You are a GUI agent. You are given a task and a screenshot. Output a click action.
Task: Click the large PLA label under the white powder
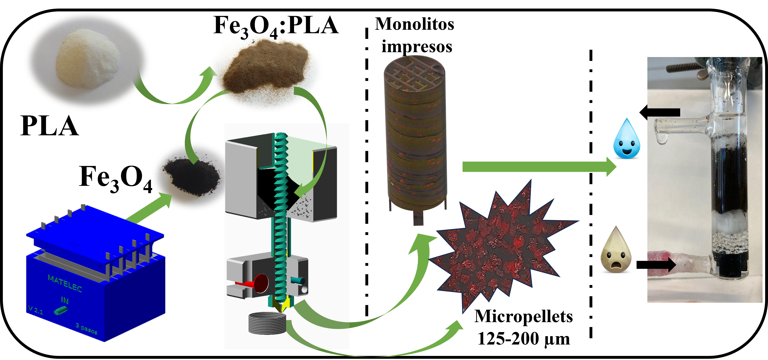(x=50, y=126)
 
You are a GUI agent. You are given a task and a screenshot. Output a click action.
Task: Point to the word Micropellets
(x=523, y=316)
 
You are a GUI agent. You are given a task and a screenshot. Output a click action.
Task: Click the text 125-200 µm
(x=523, y=339)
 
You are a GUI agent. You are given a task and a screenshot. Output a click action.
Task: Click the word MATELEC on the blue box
(x=65, y=283)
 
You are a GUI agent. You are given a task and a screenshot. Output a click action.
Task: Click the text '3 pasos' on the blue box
(x=86, y=329)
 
